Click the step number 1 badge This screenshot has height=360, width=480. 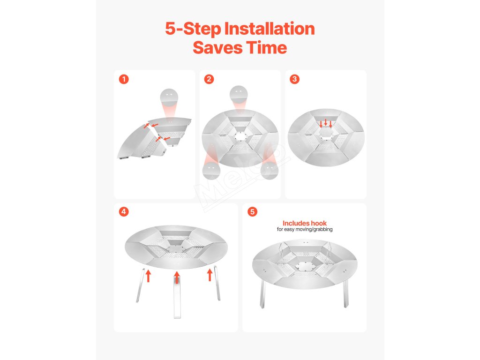click(x=124, y=79)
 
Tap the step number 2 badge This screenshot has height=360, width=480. click(x=209, y=79)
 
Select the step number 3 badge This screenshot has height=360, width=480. click(x=294, y=79)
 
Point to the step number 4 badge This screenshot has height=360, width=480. click(x=124, y=211)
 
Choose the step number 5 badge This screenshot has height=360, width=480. click(x=252, y=211)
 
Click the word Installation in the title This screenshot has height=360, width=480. click(x=270, y=29)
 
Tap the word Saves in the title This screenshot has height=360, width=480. click(x=217, y=48)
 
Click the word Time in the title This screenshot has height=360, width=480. click(x=267, y=48)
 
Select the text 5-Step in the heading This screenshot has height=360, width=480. click(x=193, y=29)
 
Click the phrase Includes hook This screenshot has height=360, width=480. click(x=305, y=223)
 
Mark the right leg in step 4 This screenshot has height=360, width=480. click(x=217, y=283)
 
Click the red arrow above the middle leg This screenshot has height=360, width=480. click(x=177, y=277)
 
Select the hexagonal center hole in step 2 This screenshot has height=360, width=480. click(x=240, y=136)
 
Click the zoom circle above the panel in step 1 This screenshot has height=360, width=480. click(x=169, y=97)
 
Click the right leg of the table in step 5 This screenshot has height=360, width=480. click(x=345, y=293)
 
